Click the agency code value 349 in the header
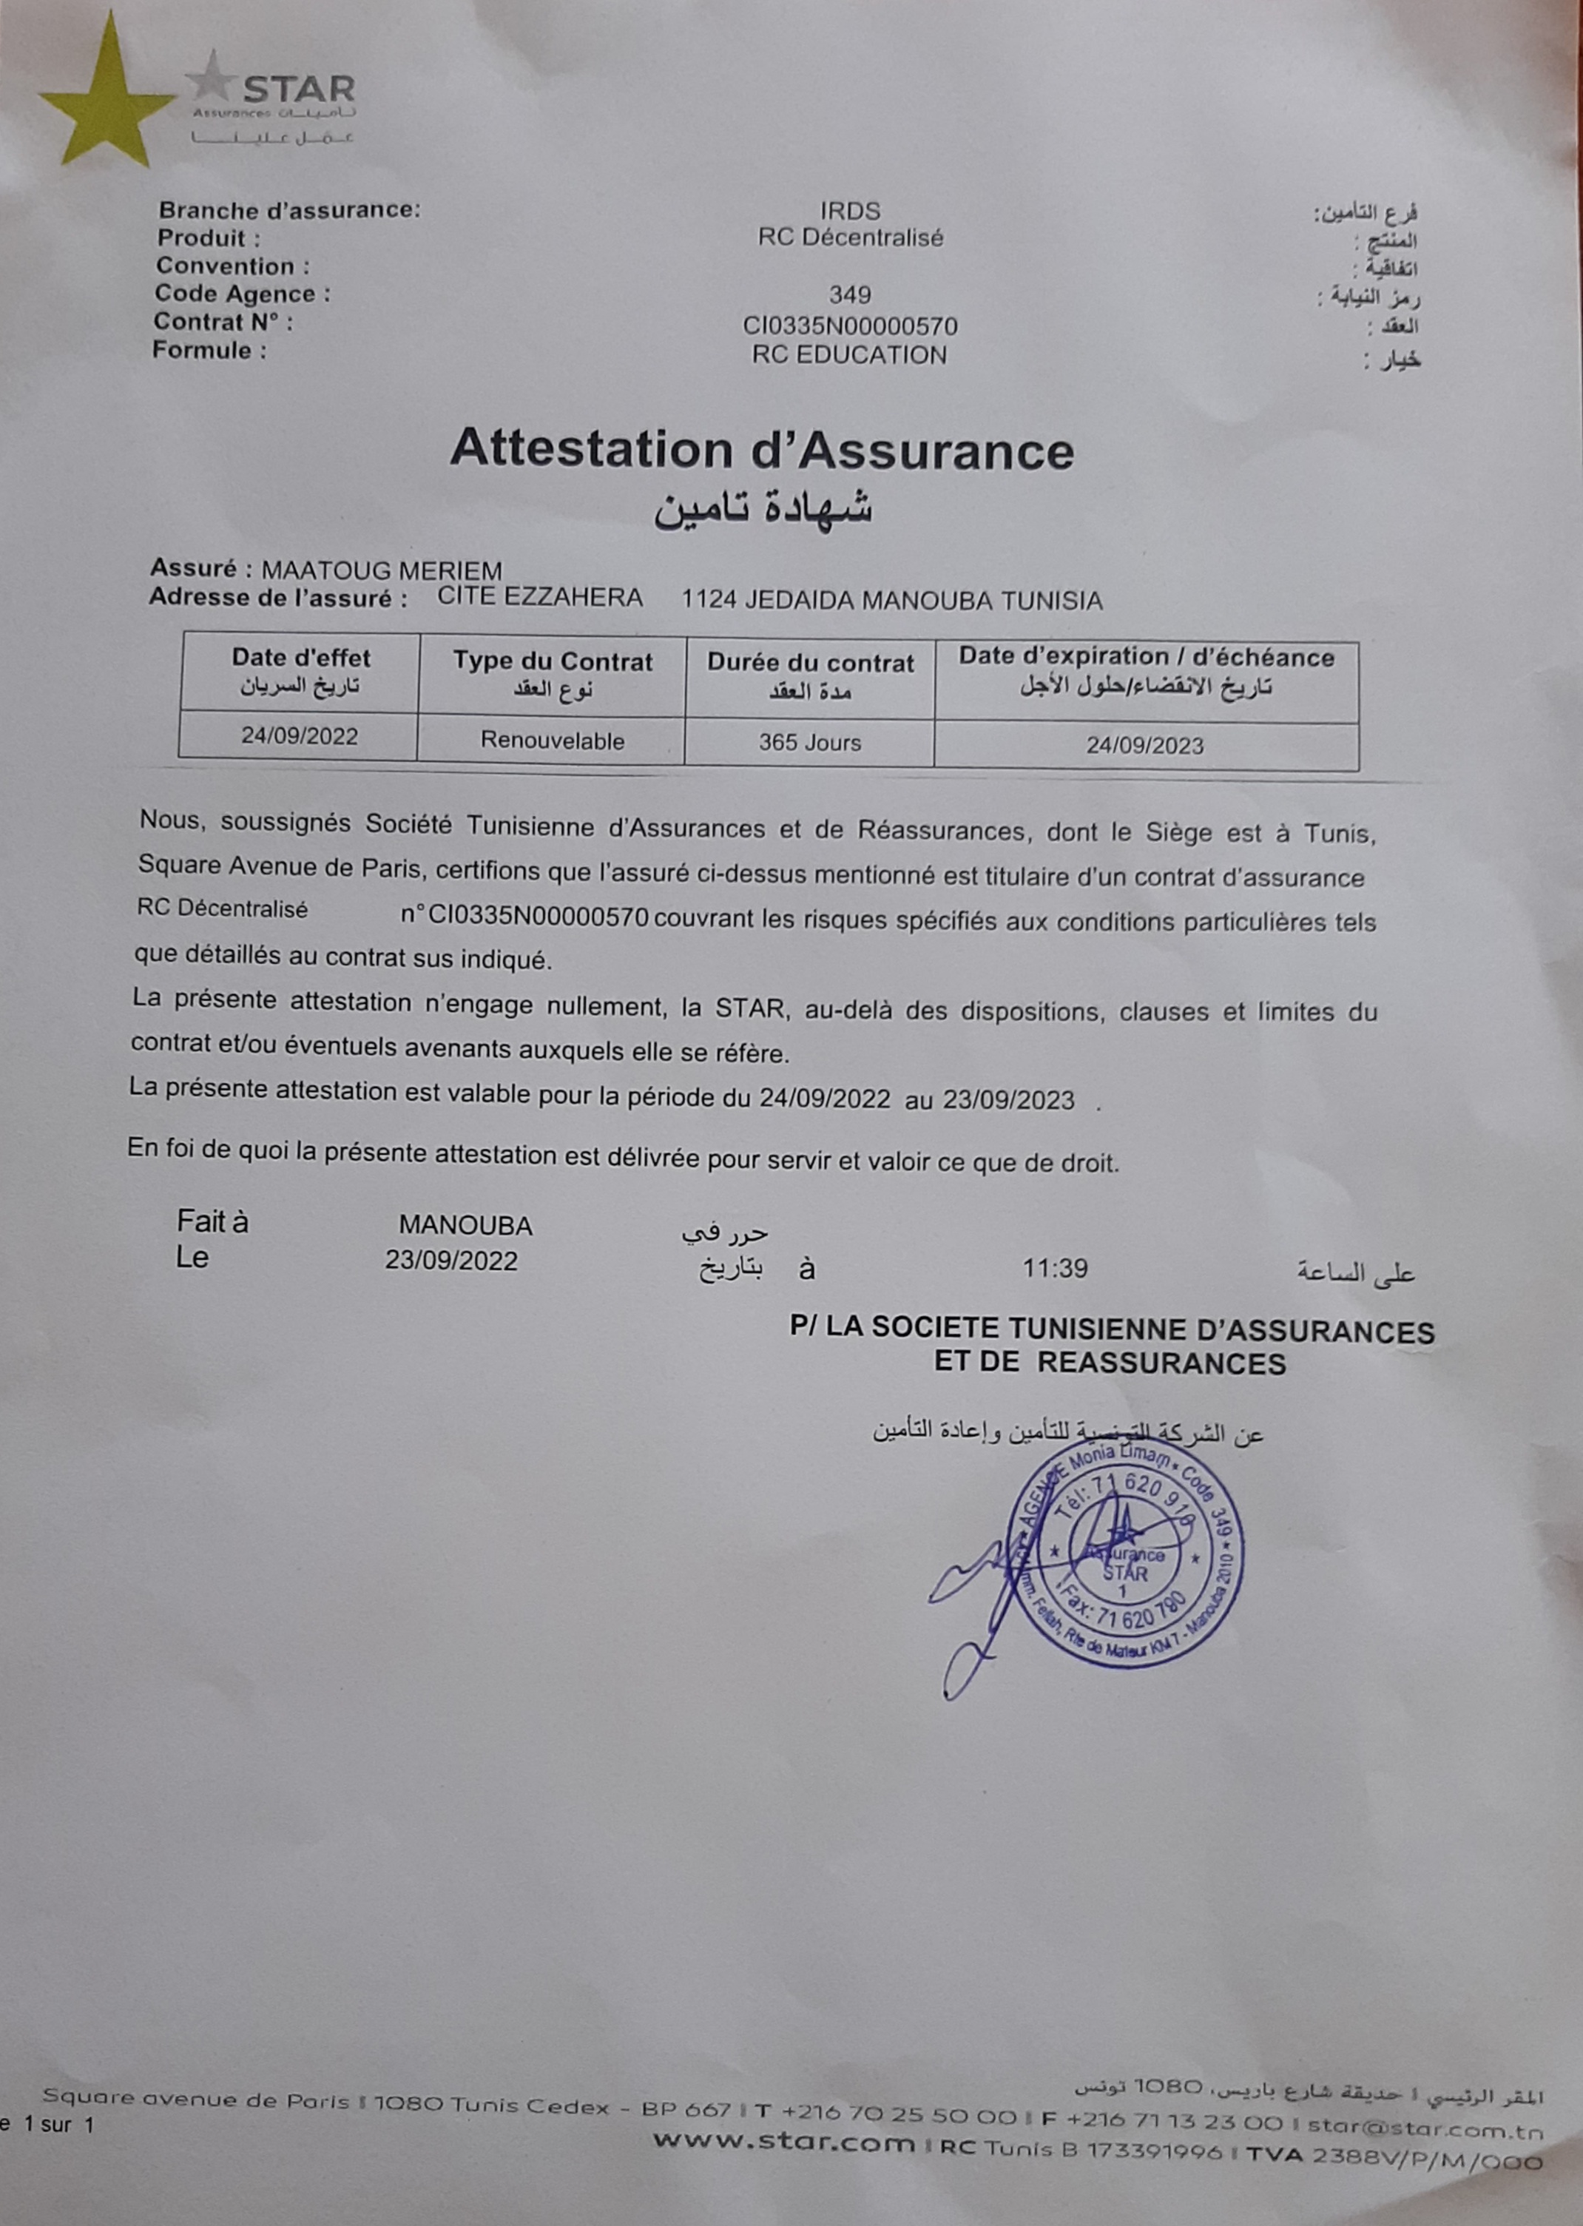click(850, 294)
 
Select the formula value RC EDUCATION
click(849, 355)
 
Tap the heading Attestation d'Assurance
click(761, 451)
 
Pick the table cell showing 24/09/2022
click(300, 736)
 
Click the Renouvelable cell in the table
click(552, 741)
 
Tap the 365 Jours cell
click(810, 743)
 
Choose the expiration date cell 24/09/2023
click(1145, 746)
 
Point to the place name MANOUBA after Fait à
click(465, 1225)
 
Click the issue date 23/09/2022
click(450, 1260)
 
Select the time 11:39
click(1055, 1268)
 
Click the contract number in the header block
click(850, 326)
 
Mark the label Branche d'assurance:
click(289, 209)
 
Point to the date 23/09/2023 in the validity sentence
click(1008, 1100)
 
